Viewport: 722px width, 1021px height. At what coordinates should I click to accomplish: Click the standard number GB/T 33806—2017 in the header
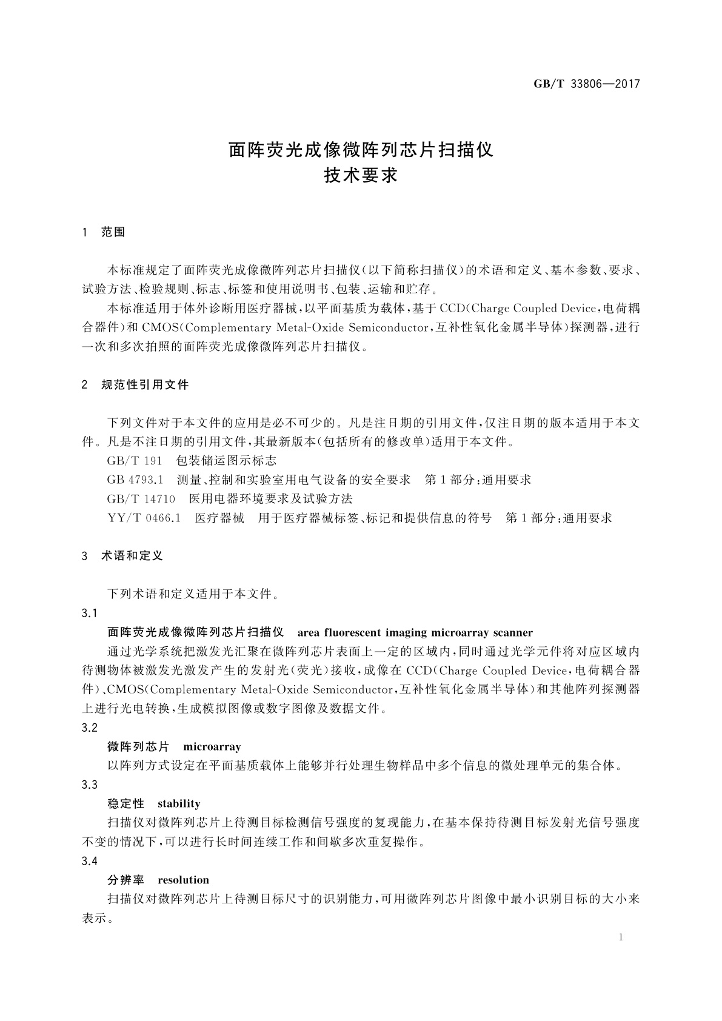[586, 84]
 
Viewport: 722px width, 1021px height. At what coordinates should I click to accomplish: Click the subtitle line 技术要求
[361, 176]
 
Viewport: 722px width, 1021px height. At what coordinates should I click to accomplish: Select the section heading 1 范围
[104, 232]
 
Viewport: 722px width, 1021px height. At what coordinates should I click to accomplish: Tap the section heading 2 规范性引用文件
[135, 384]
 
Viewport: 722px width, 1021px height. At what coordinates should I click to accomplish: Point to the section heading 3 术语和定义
[122, 555]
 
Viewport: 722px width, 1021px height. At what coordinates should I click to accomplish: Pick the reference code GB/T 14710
[141, 499]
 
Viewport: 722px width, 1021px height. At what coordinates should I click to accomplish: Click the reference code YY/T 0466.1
[144, 518]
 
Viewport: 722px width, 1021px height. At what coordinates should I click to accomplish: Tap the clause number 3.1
[89, 614]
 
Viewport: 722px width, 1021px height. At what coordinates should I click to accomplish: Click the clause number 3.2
[89, 728]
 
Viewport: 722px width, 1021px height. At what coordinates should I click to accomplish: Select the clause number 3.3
[89, 785]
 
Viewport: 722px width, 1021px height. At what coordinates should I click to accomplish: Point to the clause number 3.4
[89, 861]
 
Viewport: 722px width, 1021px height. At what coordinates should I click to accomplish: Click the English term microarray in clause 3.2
[212, 747]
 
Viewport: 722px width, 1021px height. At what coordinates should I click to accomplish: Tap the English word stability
[179, 804]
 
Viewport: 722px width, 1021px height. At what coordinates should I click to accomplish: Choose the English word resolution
[183, 880]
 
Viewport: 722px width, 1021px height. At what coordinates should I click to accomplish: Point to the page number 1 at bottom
[621, 937]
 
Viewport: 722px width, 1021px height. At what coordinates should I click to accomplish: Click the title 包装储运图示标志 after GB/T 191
[226, 461]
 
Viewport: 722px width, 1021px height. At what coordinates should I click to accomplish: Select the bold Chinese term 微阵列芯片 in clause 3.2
[138, 747]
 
